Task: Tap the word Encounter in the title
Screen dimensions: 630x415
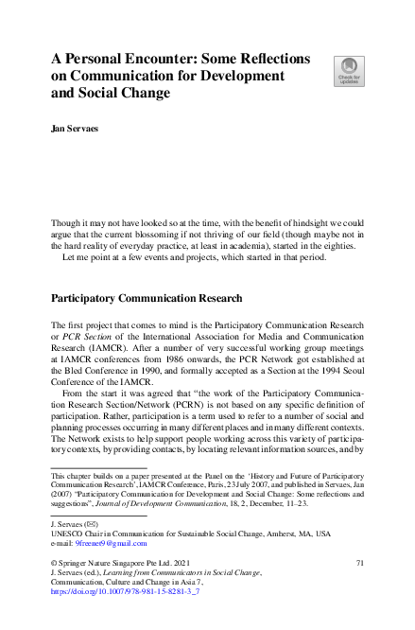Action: (x=151, y=58)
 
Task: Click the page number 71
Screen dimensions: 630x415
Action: (x=359, y=563)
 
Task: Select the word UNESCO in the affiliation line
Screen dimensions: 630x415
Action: (x=68, y=534)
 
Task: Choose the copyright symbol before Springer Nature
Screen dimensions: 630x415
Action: (x=54, y=563)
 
